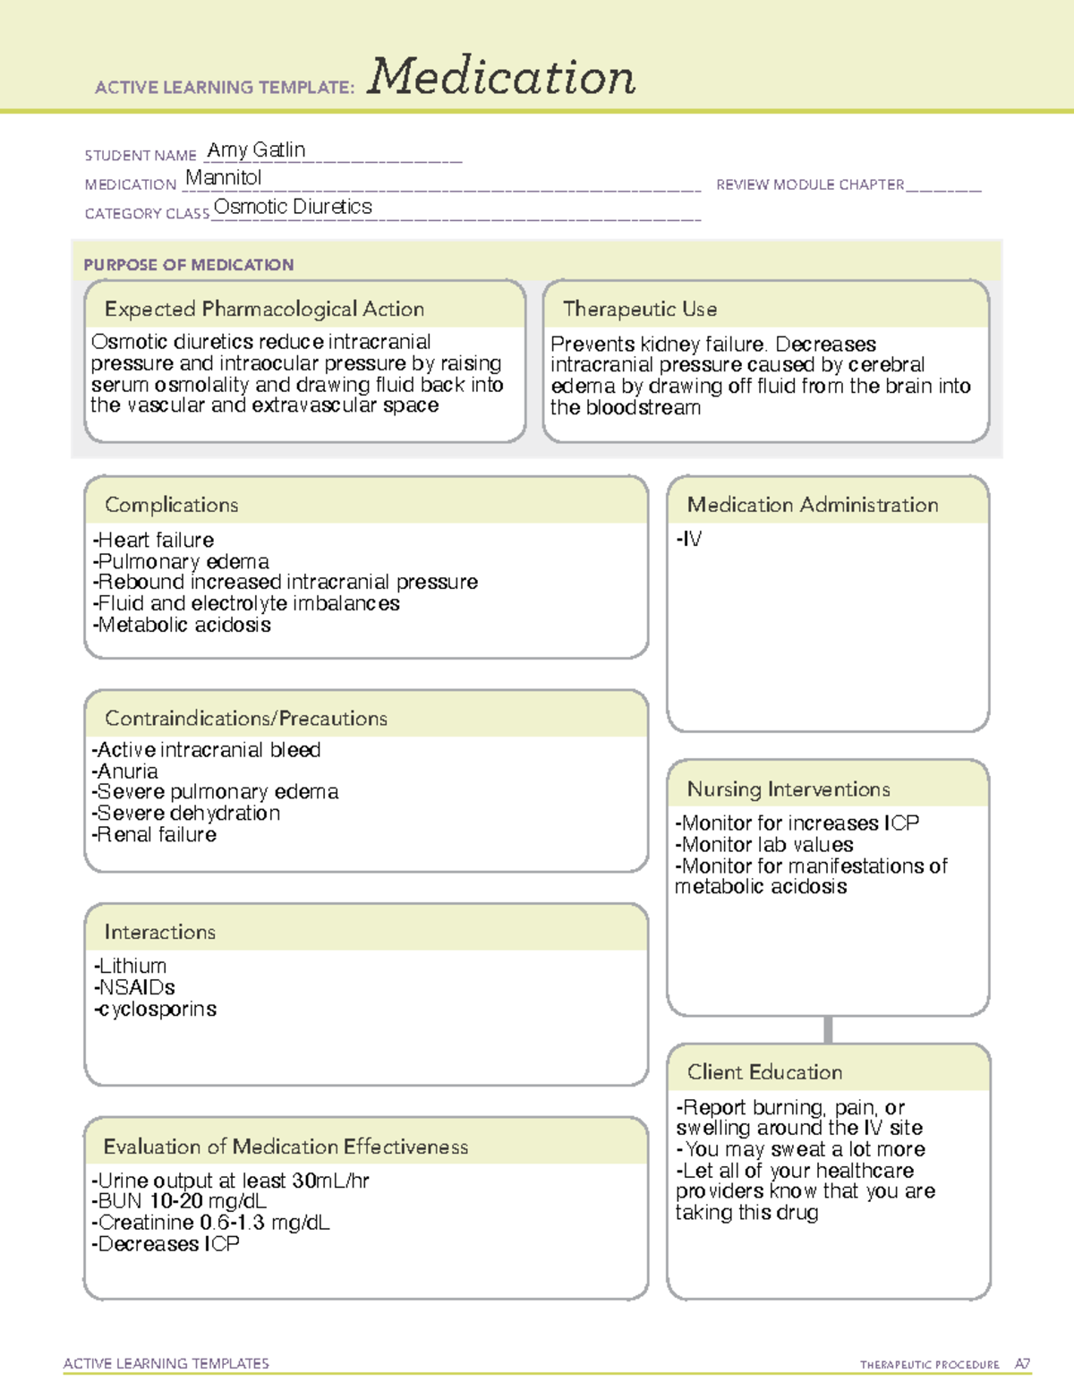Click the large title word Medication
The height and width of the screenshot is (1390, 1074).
coord(501,77)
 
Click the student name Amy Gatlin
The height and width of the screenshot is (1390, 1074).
coord(256,150)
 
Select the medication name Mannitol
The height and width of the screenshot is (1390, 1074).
coord(224,178)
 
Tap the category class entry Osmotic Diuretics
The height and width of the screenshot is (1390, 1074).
coord(293,207)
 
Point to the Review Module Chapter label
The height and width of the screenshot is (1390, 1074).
coord(810,185)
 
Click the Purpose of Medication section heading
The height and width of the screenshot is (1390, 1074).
coord(189,265)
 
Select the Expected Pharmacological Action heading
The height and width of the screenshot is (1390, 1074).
coord(264,309)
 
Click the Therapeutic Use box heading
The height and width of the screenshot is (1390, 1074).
coord(640,309)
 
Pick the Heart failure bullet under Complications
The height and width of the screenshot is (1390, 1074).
coord(154,540)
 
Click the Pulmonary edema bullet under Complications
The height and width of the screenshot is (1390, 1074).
coord(181,561)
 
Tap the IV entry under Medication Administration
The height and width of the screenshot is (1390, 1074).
coord(689,539)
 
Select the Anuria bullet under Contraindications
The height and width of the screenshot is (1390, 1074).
coord(125,772)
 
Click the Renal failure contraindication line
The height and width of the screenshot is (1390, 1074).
coord(155,835)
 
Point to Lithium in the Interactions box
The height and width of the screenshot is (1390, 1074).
coord(131,967)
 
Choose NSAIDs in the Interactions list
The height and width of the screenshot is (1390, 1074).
coord(135,987)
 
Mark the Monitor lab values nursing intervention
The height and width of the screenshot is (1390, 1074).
coord(765,845)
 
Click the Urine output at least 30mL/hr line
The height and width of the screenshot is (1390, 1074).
coord(231,1181)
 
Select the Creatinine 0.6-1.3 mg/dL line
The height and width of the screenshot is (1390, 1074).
coord(211,1223)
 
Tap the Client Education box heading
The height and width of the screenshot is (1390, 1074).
coord(764,1072)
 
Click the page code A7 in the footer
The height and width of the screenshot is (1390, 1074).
coord(1021,1364)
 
